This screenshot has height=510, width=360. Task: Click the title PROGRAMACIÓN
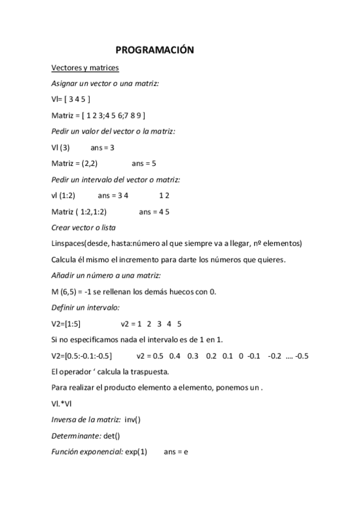[154, 51]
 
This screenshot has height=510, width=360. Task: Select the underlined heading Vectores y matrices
[85, 67]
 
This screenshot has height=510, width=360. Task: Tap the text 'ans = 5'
[144, 162]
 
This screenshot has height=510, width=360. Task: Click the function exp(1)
[136, 451]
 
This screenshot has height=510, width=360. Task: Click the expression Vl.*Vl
[64, 403]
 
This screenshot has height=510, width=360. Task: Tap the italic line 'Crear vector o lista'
[84, 227]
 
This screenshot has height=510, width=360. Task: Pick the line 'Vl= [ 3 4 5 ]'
[72, 99]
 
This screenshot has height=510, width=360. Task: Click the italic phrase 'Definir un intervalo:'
[86, 307]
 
